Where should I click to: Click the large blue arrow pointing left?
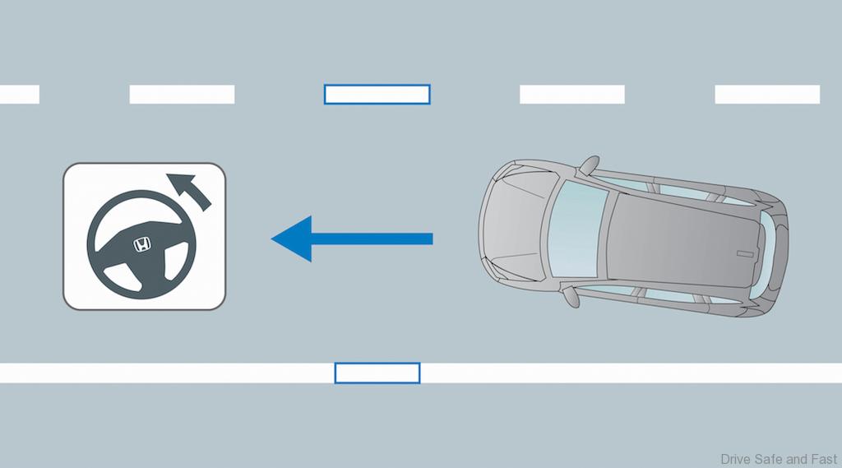point(352,239)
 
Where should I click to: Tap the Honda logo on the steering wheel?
point(141,245)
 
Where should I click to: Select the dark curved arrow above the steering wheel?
point(189,190)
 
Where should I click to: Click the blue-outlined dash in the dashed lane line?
point(377,94)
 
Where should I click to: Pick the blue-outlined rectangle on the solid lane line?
point(377,373)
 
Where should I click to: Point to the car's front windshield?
point(577,229)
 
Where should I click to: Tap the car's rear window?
point(769,248)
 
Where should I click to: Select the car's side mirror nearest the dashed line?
point(589,164)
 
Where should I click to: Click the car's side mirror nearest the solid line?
point(571,297)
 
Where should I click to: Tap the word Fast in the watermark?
point(824,460)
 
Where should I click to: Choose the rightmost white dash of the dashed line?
point(767,94)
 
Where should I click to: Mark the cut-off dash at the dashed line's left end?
point(20,94)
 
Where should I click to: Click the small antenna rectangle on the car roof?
point(745,253)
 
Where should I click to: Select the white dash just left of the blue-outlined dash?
point(182,94)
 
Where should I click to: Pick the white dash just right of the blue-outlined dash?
point(572,94)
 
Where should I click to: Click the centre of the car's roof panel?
point(685,239)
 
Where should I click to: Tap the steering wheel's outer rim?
point(141,194)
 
